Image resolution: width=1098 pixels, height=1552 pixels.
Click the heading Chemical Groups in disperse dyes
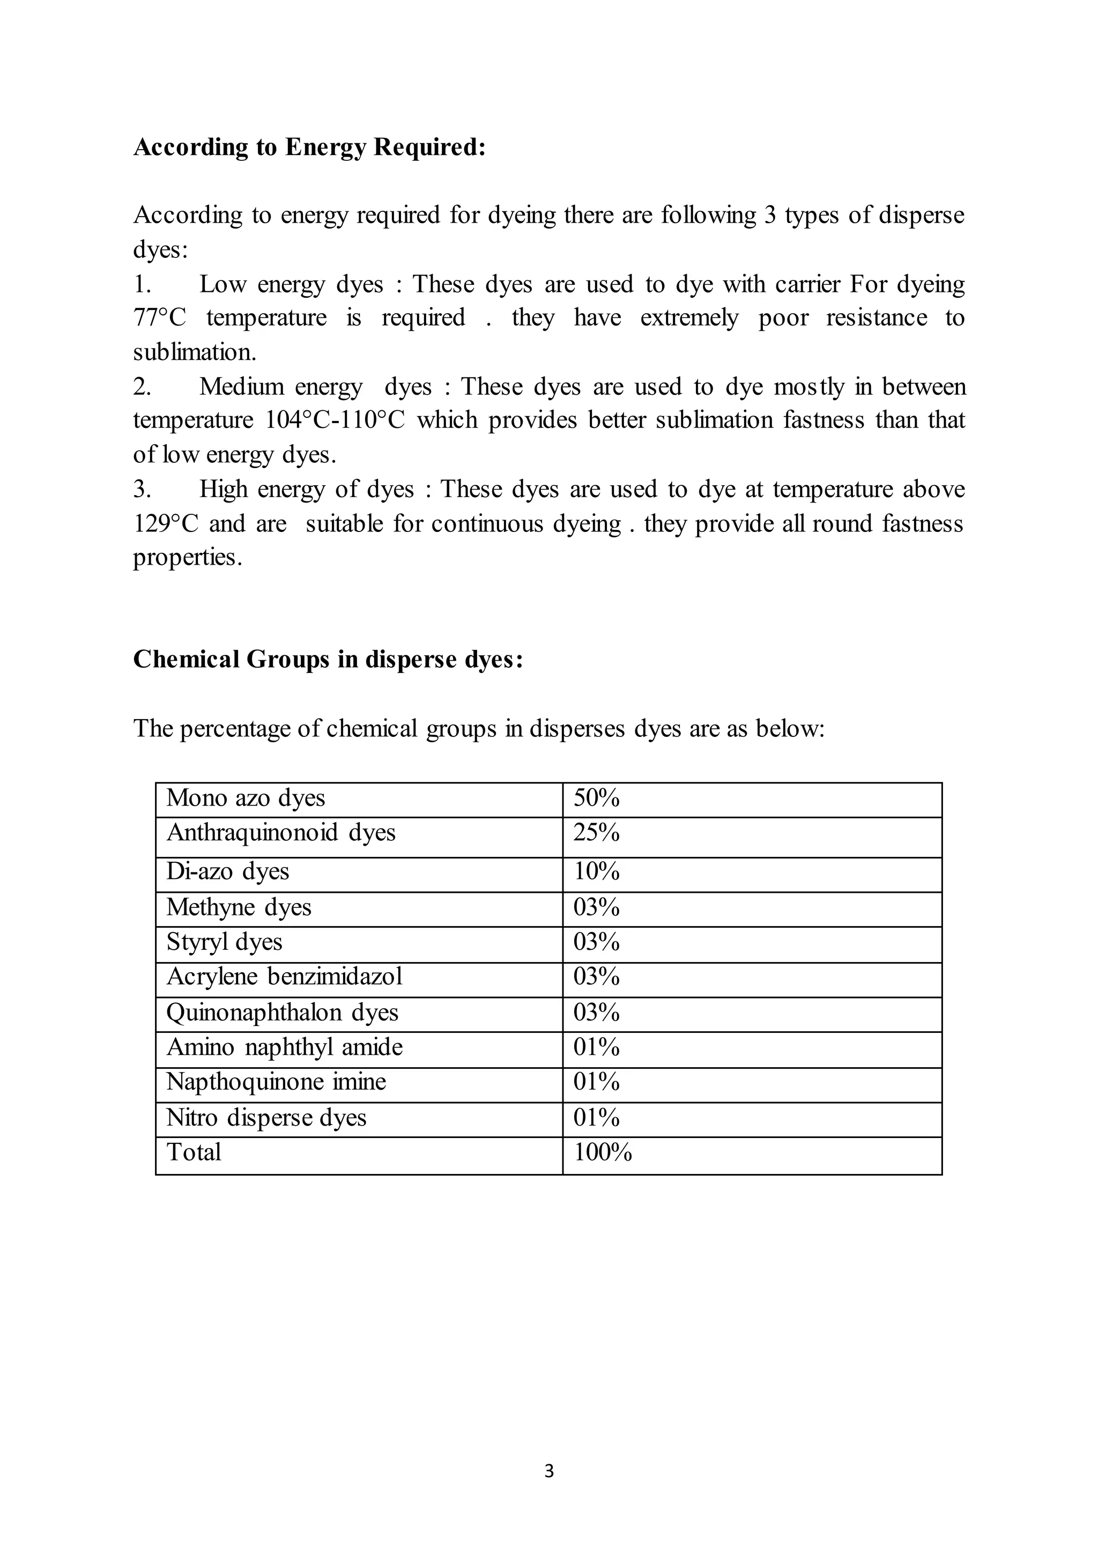[328, 659]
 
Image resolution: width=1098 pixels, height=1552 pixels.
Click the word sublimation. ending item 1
[195, 352]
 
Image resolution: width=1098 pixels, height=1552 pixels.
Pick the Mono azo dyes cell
[246, 798]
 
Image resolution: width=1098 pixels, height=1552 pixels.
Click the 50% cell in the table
[596, 798]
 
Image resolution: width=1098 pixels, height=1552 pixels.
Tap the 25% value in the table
[596, 832]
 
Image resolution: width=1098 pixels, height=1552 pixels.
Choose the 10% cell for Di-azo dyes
[596, 871]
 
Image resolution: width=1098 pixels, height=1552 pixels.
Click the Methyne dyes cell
[239, 907]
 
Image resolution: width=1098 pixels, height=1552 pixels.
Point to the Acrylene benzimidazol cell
[284, 977]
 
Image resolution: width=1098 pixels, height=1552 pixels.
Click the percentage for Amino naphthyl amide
[596, 1047]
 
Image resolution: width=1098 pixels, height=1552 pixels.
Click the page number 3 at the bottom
[548, 1471]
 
